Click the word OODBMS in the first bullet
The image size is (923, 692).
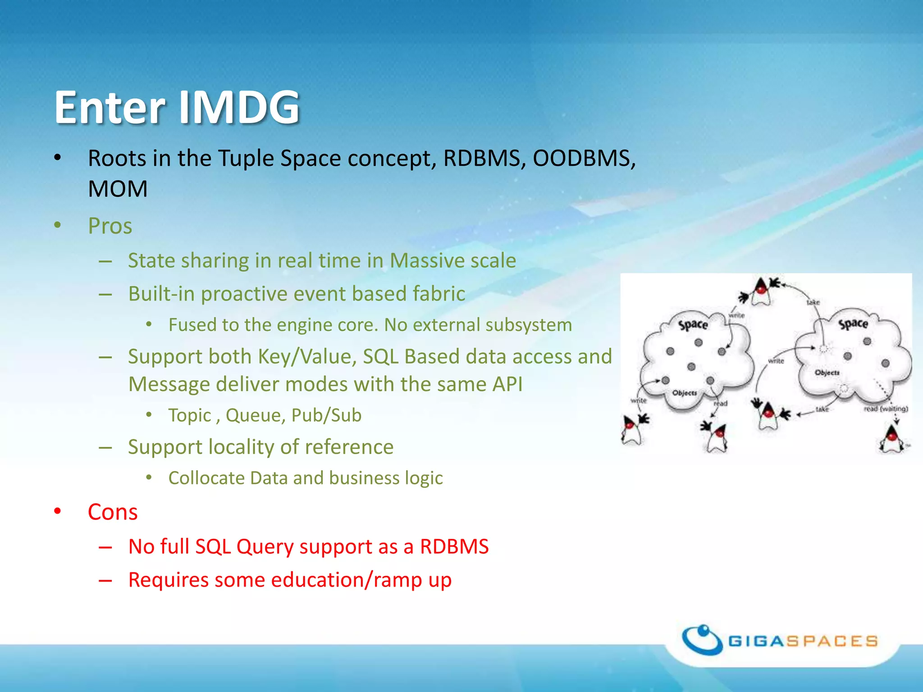pos(584,159)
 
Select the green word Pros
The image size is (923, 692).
pos(110,226)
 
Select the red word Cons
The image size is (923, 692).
pos(113,512)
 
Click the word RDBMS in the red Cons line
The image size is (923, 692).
pos(454,546)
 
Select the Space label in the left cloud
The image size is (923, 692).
pos(693,324)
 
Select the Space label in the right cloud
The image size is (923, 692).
pos(853,323)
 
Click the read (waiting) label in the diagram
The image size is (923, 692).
pos(886,409)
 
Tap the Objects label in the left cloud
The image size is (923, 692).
pos(685,393)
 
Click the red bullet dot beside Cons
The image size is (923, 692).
pos(57,511)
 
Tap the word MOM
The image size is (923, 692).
pos(118,189)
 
